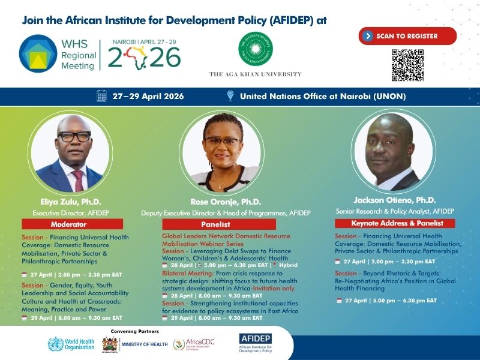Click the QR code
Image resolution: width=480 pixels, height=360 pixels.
tap(408, 65)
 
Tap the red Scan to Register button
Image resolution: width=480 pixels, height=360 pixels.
tap(408, 36)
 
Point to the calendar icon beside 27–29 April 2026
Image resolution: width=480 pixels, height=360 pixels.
tap(101, 96)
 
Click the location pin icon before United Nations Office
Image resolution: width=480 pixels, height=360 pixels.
tap(230, 96)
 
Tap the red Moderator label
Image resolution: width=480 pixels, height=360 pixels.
tap(72, 224)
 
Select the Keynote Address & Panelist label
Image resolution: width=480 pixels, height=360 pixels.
tap(394, 223)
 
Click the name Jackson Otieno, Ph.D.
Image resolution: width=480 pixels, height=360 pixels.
tap(394, 200)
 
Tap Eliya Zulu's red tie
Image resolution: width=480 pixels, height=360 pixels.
tap(78, 179)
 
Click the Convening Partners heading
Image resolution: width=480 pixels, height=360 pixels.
tap(135, 331)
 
